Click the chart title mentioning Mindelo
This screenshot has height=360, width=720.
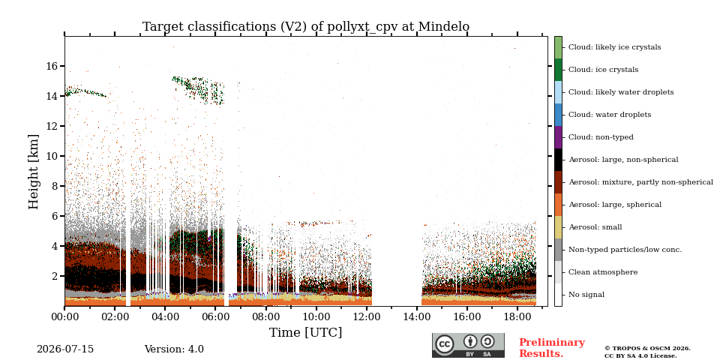coord(306,27)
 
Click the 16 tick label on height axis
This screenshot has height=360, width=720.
coord(52,66)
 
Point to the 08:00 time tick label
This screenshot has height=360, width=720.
coord(265,316)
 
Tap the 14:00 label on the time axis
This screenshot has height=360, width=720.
coord(417,316)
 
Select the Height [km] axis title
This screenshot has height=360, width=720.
coord(34,172)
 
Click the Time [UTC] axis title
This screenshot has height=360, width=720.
coord(306,332)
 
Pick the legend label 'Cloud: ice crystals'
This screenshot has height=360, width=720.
coord(603,70)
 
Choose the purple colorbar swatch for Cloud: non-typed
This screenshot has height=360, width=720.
coord(558,137)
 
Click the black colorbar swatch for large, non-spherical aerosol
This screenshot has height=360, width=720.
coord(558,160)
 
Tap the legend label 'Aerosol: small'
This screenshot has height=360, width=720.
coord(595,227)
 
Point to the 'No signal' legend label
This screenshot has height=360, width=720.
coord(586,295)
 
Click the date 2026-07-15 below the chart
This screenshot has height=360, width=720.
coord(65,349)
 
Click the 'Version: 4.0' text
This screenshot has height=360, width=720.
coord(174,349)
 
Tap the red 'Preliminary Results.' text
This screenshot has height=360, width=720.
coord(552,348)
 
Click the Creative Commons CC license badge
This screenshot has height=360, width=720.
coord(468,345)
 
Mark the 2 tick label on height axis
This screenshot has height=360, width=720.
coord(55,277)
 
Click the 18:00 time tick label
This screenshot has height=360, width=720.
coord(517,316)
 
